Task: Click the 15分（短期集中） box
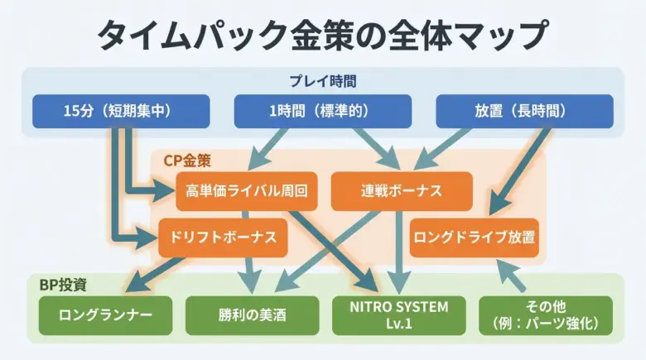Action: (121, 111)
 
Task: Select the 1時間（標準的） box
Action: (322, 111)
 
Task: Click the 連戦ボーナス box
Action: (401, 191)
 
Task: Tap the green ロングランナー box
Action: (106, 315)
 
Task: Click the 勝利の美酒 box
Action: (252, 315)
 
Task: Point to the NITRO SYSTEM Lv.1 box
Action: (400, 315)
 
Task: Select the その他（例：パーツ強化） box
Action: (546, 315)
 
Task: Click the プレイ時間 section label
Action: (322, 81)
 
